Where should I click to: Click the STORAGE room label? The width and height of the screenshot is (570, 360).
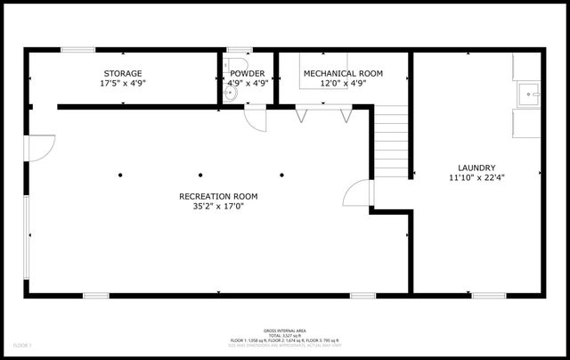[123, 73]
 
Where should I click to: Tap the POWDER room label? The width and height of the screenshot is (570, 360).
[247, 73]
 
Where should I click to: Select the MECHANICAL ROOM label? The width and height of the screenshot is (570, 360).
[342, 73]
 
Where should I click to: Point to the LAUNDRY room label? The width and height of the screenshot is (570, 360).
[476, 168]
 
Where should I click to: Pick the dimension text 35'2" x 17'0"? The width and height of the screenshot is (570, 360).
[212, 207]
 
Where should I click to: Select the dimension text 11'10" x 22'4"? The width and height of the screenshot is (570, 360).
[476, 178]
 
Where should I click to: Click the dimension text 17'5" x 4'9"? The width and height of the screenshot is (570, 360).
[123, 83]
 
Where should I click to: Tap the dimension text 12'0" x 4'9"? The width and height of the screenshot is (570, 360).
[342, 83]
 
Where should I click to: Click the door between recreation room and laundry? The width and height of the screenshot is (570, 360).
[356, 194]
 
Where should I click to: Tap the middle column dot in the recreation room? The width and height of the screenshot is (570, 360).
[201, 175]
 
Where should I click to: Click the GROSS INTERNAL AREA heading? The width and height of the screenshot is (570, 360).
[284, 330]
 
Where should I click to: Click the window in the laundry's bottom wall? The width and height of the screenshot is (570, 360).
[488, 295]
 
